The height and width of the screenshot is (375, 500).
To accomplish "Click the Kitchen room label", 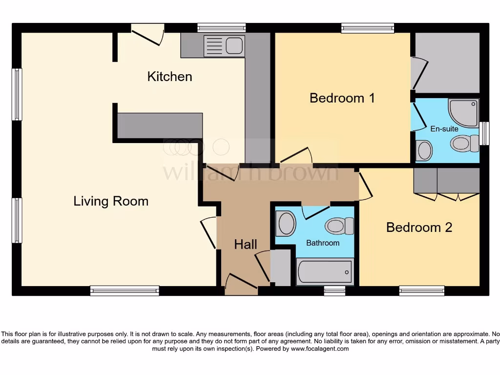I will pyautogui.click(x=169, y=77).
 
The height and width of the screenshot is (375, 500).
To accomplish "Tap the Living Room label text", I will pyautogui.click(x=111, y=201).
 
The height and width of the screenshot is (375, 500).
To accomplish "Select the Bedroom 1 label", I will pyautogui.click(x=342, y=98).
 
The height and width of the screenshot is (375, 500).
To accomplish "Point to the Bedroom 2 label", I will pyautogui.click(x=419, y=228).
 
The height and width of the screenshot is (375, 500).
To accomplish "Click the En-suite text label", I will pyautogui.click(x=444, y=129).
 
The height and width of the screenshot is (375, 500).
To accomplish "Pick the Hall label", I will pyautogui.click(x=245, y=245).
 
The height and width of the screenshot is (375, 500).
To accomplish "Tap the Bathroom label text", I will pyautogui.click(x=323, y=243).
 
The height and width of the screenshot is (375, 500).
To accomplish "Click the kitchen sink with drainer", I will pyautogui.click(x=225, y=46).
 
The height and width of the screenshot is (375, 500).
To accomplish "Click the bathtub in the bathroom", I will pyautogui.click(x=325, y=272).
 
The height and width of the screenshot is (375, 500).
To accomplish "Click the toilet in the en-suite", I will pyautogui.click(x=464, y=144).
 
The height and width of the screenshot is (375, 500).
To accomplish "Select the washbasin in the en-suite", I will pyautogui.click(x=424, y=150).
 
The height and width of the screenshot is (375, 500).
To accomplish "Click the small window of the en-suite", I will pyautogui.click(x=484, y=133).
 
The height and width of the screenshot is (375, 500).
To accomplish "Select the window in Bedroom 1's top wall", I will pyautogui.click(x=368, y=28).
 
